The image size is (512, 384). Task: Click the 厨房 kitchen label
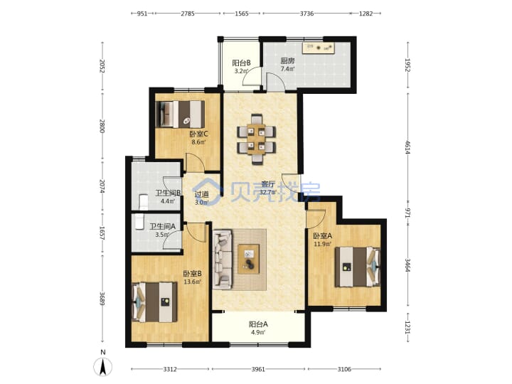pyautogui.click(x=287, y=60)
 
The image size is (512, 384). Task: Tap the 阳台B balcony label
pyautogui.click(x=241, y=63)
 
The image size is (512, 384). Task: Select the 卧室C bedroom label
pyautogui.click(x=198, y=134)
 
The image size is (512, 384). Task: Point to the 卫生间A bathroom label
pyautogui.click(x=163, y=226)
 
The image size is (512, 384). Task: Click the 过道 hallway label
pyautogui.click(x=201, y=194)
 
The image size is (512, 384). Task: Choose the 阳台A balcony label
pyautogui.click(x=258, y=324)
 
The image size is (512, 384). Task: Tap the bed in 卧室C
pyautogui.click(x=180, y=114)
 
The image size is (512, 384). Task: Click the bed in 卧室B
pyautogui.click(x=154, y=302)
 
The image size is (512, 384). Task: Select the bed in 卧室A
pyautogui.click(x=358, y=267)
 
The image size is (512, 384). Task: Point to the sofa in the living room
pyautogui.click(x=223, y=260)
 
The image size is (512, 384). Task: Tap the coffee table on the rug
pyautogui.click(x=249, y=259)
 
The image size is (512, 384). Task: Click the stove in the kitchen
pyautogui.click(x=319, y=48)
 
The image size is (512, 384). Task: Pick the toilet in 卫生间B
pyautogui.click(x=144, y=202)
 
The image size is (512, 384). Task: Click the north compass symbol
pyautogui.click(x=103, y=366)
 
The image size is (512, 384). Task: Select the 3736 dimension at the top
pyautogui.click(x=306, y=14)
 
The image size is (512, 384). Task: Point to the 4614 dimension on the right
pyautogui.click(x=407, y=147)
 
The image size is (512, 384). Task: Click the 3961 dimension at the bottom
pyautogui.click(x=258, y=369)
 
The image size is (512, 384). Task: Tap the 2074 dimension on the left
pyautogui.click(x=102, y=186)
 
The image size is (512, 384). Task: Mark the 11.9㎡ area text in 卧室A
pyautogui.click(x=322, y=244)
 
